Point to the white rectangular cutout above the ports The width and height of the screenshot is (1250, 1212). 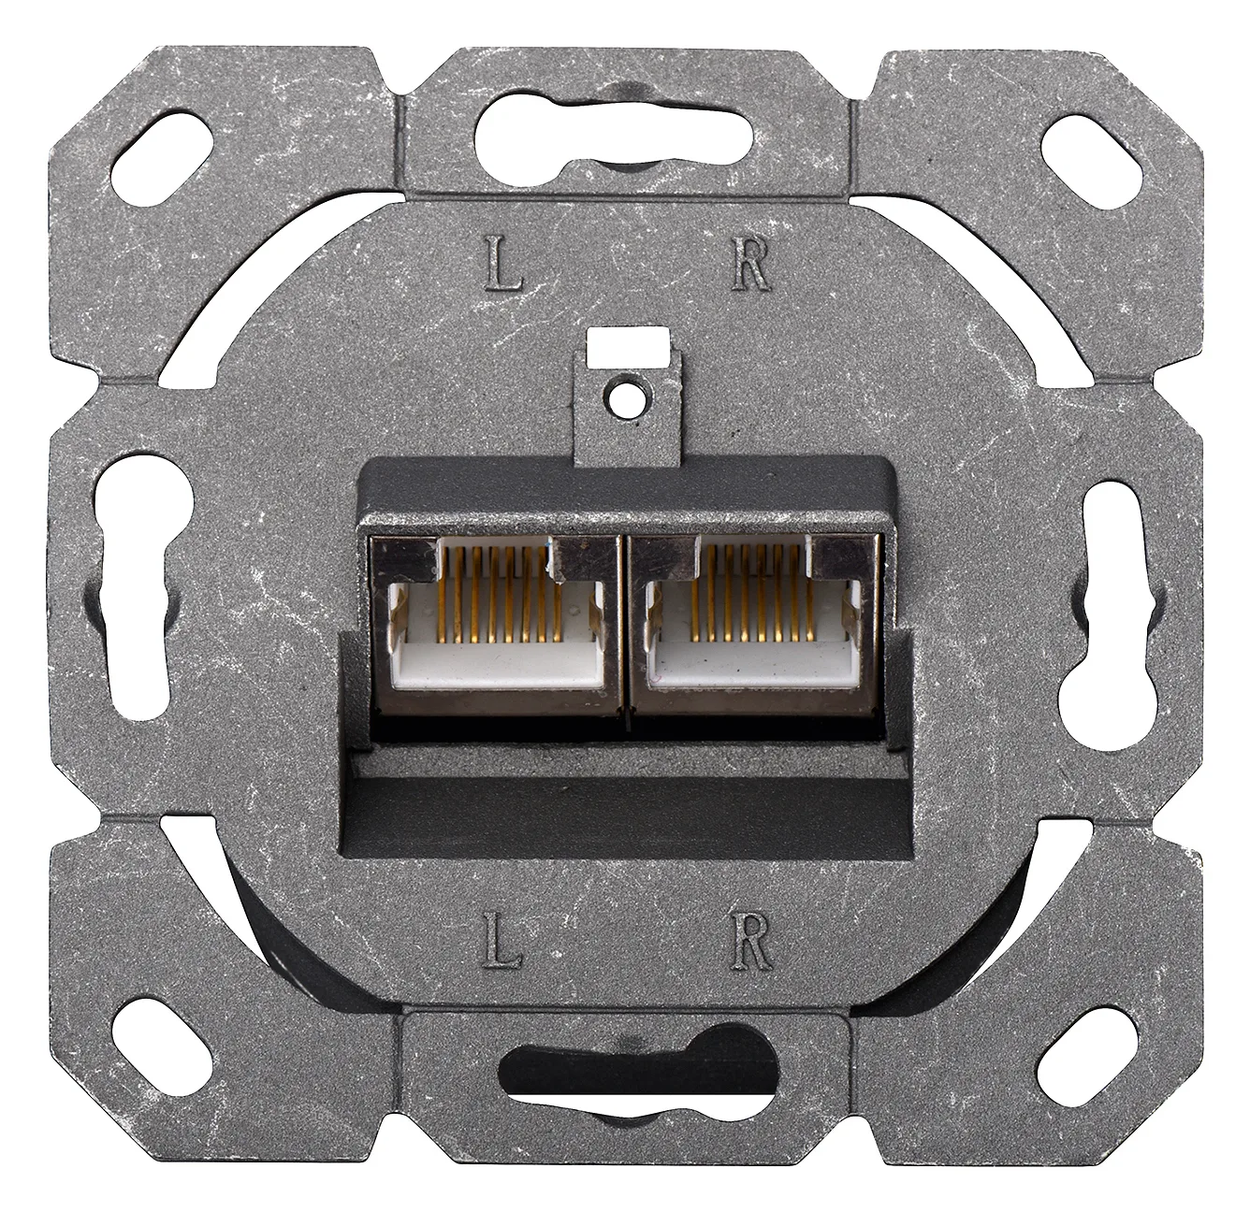pyautogui.click(x=628, y=347)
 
